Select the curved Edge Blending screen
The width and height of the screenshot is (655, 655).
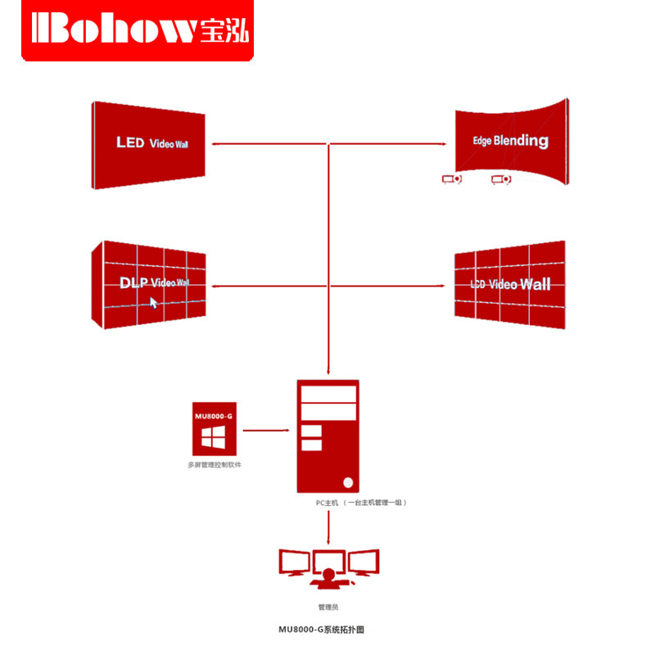pos(512,140)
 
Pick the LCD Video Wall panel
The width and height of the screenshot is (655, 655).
pos(509,284)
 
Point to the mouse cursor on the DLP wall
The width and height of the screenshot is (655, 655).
pos(153,302)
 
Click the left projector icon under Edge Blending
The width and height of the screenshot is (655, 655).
pos(451,178)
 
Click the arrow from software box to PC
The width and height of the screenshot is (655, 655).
pos(266,429)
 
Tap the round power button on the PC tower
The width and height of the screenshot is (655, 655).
pos(350,481)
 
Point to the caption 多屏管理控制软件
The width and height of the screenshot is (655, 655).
pos(215,465)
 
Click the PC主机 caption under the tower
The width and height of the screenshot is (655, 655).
pos(361,503)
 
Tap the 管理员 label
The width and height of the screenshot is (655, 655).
pos(328,607)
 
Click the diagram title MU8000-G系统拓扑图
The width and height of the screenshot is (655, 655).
pos(327,630)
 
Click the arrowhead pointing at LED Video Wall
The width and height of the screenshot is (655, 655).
pos(215,143)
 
